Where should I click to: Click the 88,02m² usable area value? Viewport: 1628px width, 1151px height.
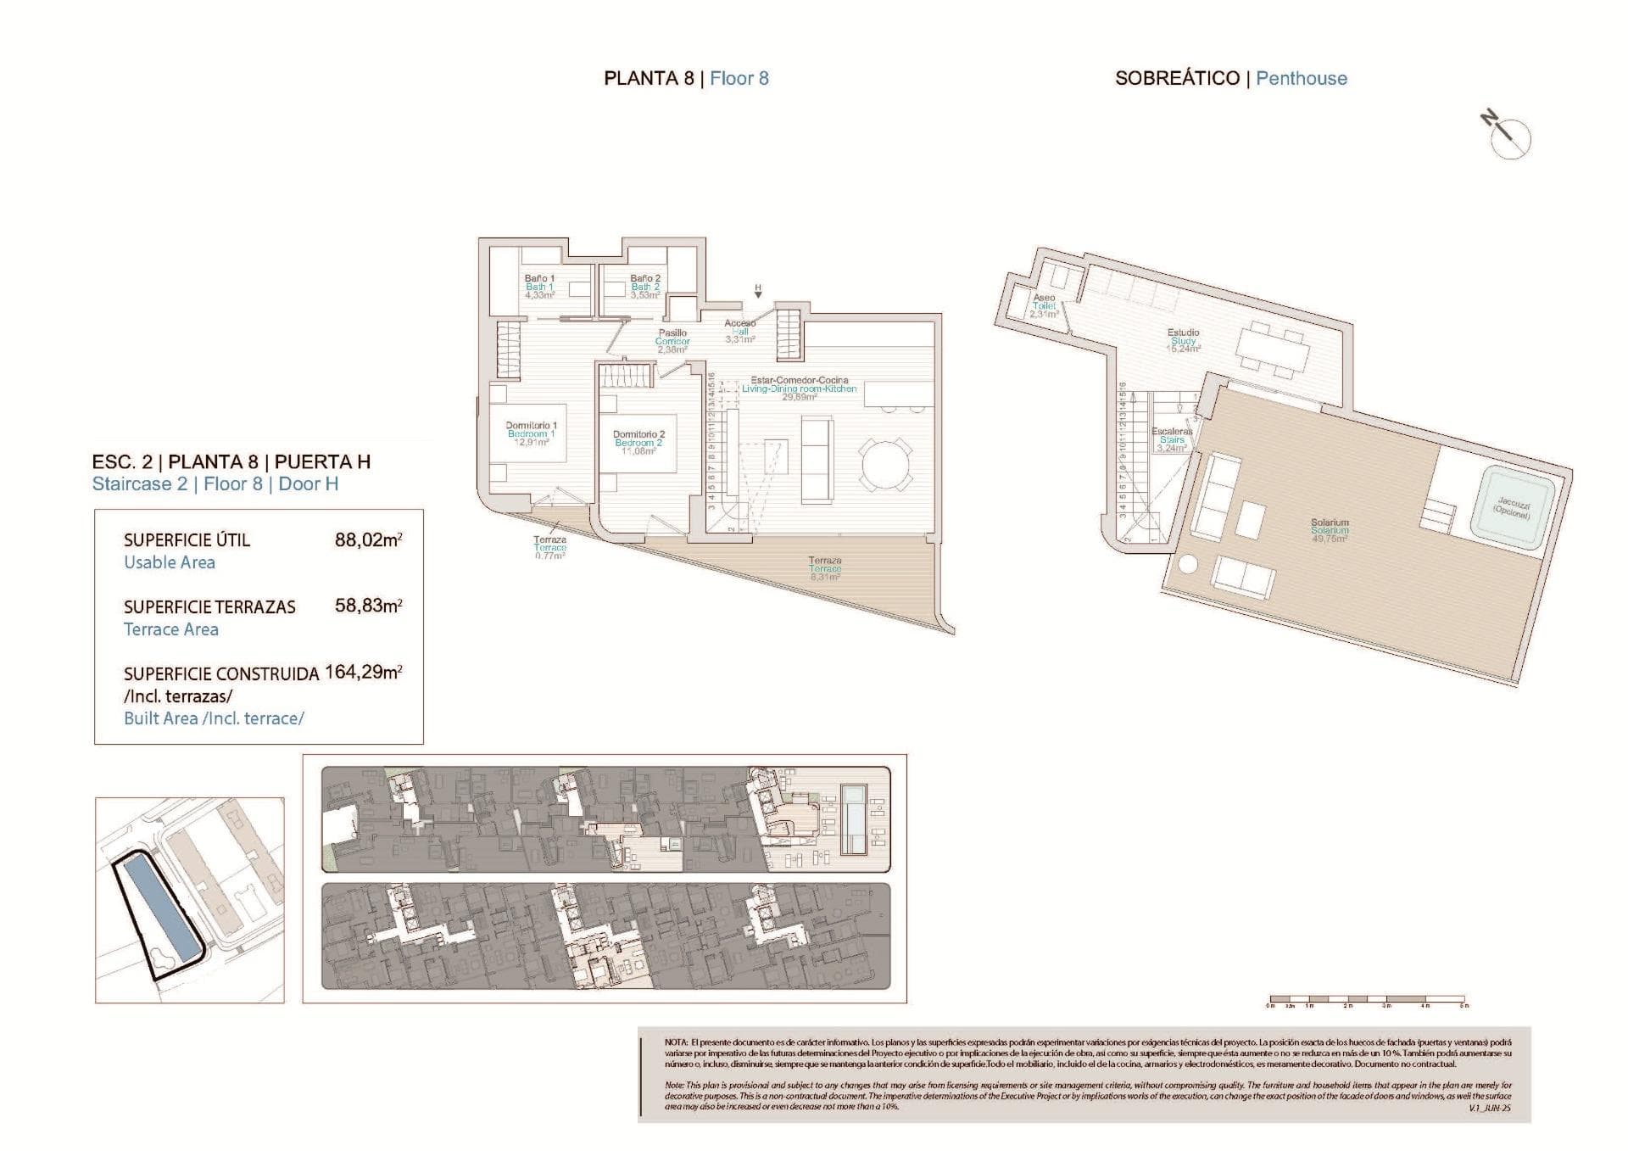(x=368, y=539)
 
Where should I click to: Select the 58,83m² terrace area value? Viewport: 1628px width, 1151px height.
(x=368, y=606)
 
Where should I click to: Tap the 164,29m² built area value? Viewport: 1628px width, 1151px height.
(x=363, y=672)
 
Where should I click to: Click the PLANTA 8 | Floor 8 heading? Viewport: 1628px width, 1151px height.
(x=686, y=78)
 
